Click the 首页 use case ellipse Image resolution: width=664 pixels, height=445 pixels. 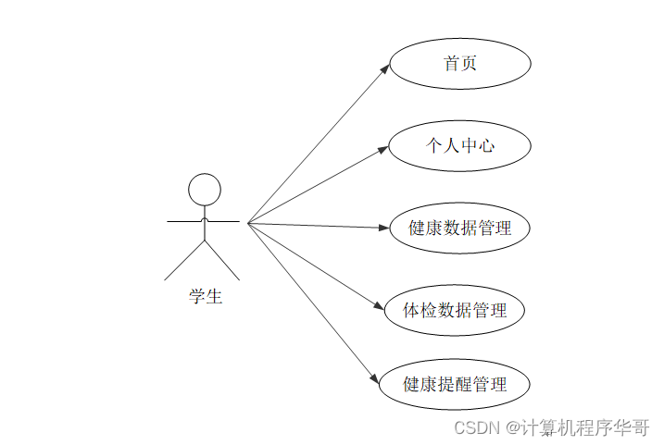[x=460, y=64]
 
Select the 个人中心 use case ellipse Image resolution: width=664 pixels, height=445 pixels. [x=460, y=145]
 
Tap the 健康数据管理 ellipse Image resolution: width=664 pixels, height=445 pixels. [x=460, y=228]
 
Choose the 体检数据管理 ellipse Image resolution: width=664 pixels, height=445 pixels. [x=455, y=310]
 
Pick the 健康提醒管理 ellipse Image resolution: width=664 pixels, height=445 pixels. [x=455, y=384]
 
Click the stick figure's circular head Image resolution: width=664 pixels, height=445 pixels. [x=205, y=191]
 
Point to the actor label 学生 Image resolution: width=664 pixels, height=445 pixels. [x=206, y=297]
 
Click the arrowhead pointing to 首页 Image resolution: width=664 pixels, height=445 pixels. [x=385, y=68]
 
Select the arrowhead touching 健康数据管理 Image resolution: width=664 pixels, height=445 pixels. [x=384, y=228]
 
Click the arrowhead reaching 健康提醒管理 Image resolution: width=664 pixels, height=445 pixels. [x=375, y=379]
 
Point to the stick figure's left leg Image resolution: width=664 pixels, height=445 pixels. [x=184, y=261]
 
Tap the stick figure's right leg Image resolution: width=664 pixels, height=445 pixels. [x=222, y=261]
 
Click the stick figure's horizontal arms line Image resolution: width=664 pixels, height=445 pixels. [x=185, y=222]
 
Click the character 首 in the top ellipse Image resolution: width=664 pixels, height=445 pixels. [x=451, y=64]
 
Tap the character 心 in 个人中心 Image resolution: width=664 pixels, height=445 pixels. [x=487, y=145]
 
